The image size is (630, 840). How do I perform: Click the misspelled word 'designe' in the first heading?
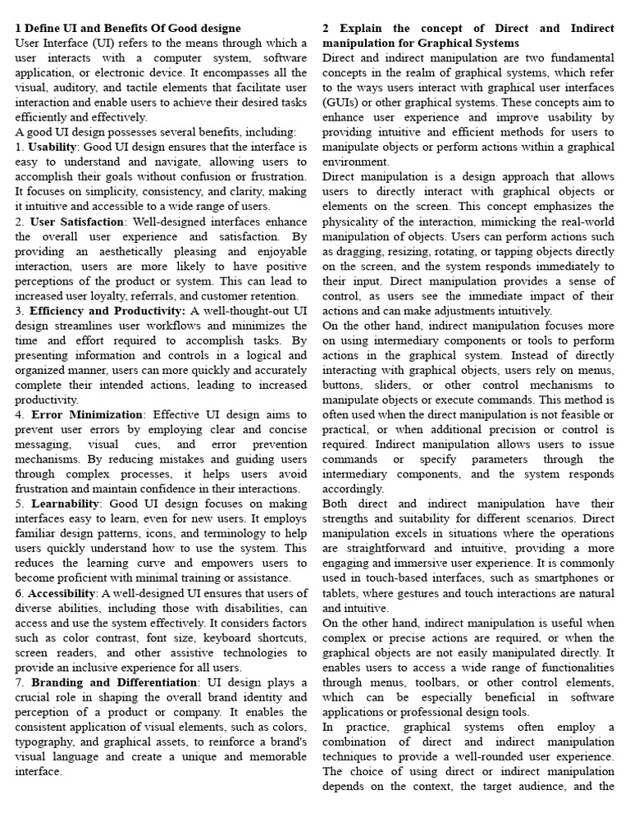pyautogui.click(x=218, y=29)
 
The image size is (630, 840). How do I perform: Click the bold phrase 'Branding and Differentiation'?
pyautogui.click(x=109, y=682)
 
